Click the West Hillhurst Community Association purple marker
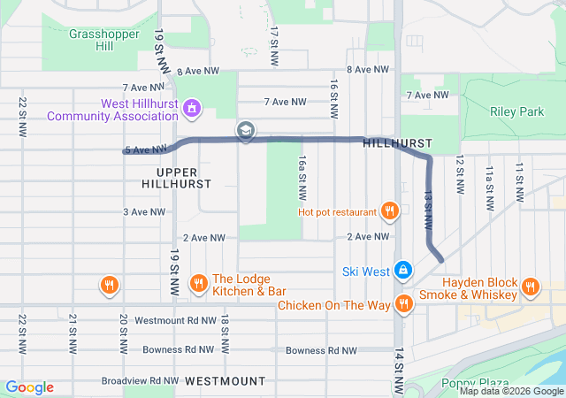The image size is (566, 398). tap(193, 110)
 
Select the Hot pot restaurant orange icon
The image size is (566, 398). tap(388, 210)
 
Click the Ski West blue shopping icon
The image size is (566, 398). tap(402, 268)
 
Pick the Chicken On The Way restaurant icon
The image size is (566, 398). tap(404, 304)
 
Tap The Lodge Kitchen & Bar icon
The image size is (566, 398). tap(198, 284)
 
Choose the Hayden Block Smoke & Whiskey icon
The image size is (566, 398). tap(531, 286)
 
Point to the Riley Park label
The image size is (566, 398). tap(517, 111)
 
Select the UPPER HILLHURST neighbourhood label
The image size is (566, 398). tap(177, 178)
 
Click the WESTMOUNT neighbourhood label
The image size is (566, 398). tap(226, 380)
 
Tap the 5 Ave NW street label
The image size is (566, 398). tap(145, 149)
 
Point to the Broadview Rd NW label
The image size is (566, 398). tap(138, 380)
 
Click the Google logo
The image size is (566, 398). tap(29, 387)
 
